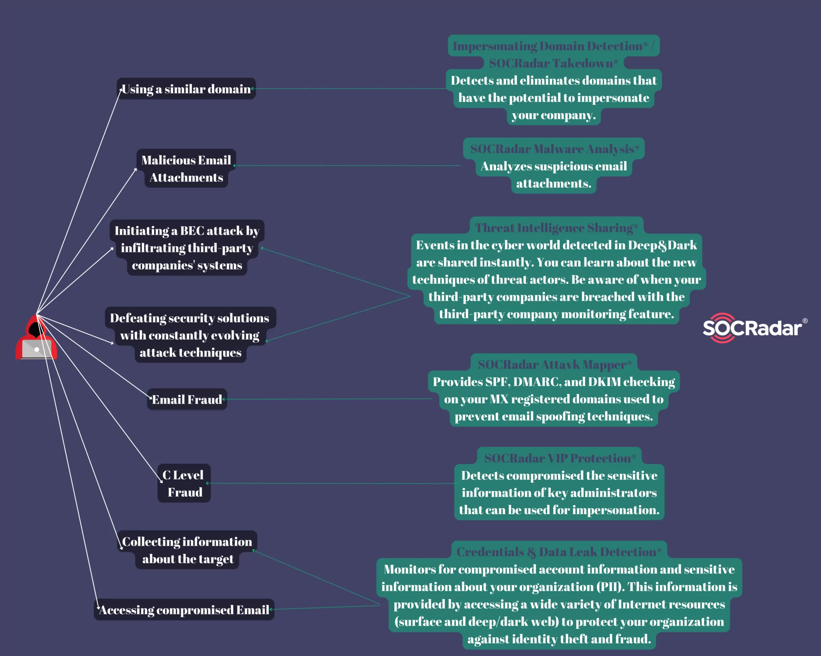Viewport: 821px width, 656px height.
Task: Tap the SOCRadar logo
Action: [754, 328]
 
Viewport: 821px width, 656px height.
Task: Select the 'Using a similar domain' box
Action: [186, 89]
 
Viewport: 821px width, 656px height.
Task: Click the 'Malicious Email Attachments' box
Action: [186, 169]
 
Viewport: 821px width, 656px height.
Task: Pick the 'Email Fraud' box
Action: [187, 399]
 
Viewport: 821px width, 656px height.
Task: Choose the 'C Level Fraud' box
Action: [184, 483]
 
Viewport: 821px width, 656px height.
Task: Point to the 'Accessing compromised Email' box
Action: [184, 610]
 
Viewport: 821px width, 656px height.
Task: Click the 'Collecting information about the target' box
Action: [187, 550]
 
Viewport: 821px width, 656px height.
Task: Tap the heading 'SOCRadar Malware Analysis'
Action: [554, 149]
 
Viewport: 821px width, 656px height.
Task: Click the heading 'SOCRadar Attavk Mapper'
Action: [554, 364]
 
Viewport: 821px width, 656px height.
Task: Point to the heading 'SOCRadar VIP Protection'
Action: [559, 458]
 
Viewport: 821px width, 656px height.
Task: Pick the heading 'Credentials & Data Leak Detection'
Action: [558, 552]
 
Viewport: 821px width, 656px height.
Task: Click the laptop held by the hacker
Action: [36, 349]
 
